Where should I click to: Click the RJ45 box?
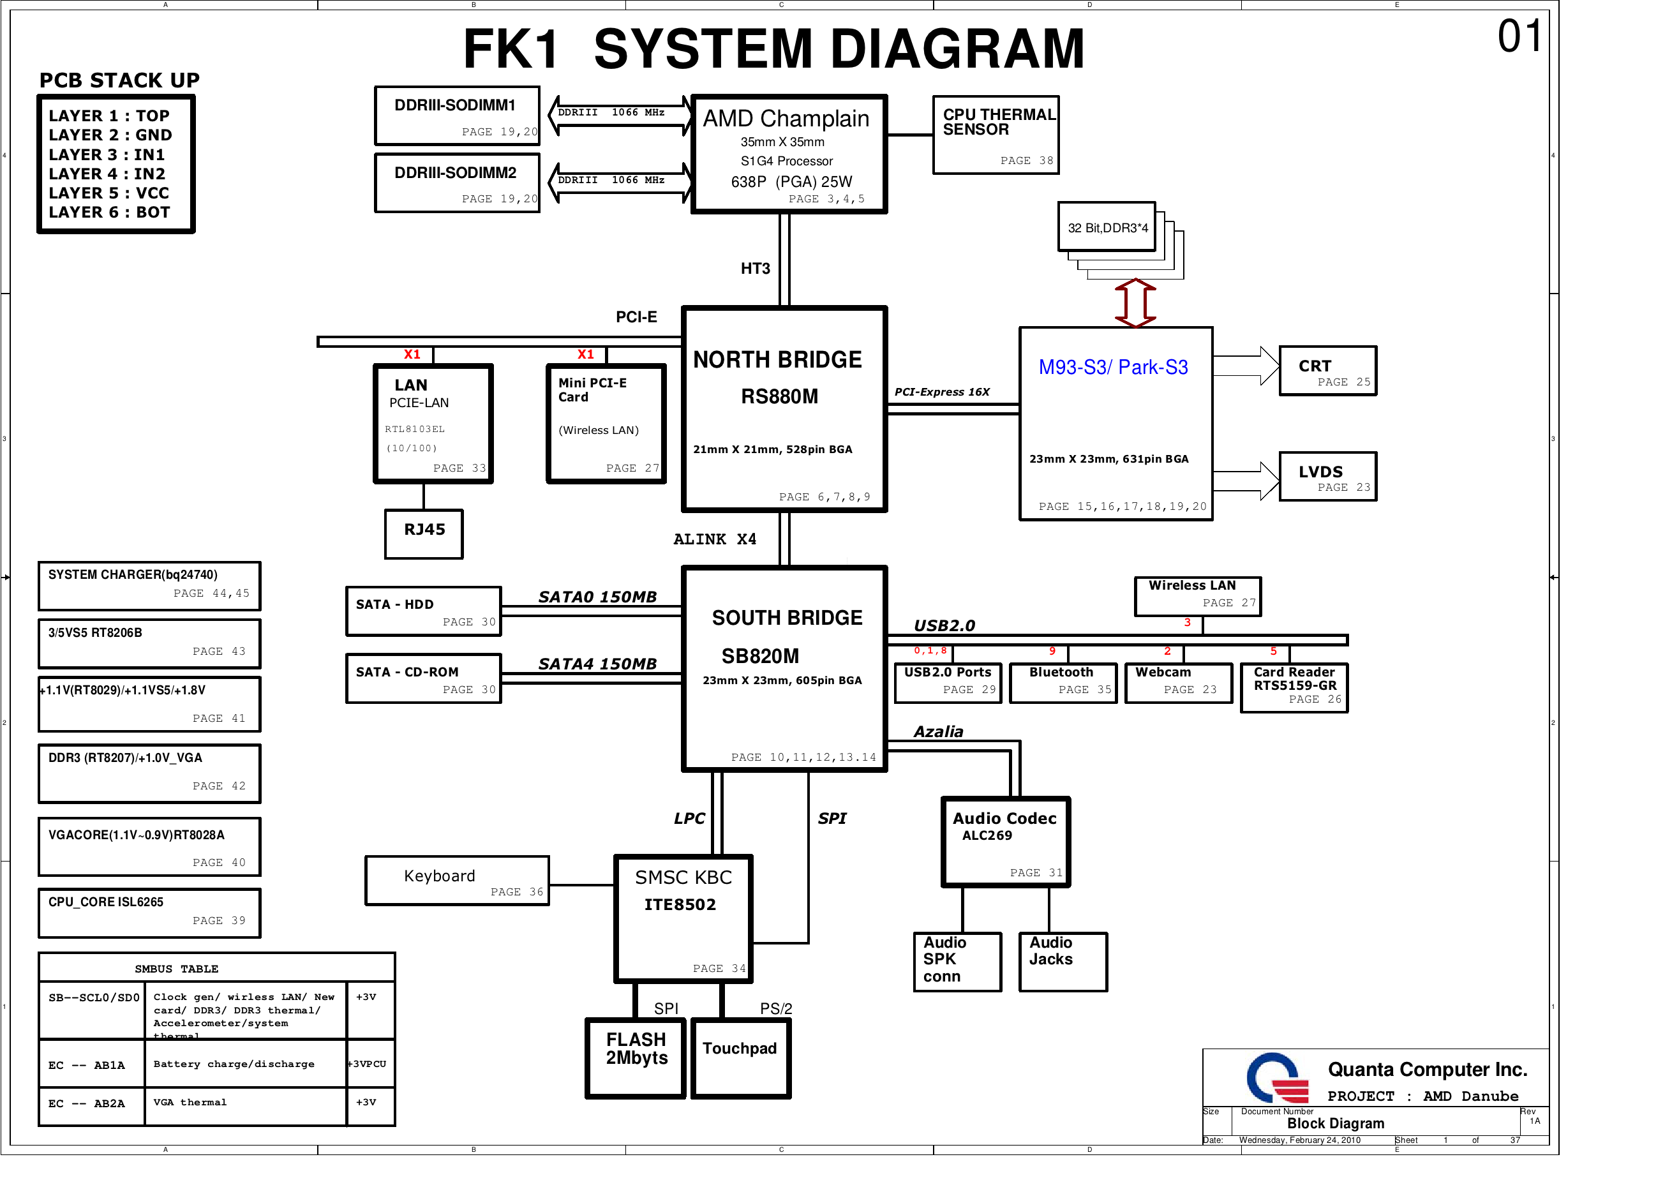[x=424, y=534]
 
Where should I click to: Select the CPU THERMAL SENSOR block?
[x=996, y=135]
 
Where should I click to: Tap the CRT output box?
[x=1328, y=371]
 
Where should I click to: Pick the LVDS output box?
[x=1328, y=477]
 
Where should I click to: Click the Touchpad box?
[x=742, y=1058]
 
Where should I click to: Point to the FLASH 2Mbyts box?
[x=636, y=1058]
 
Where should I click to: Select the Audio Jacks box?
[x=1063, y=962]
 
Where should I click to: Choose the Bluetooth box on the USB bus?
[x=1063, y=683]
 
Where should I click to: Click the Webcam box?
[x=1179, y=683]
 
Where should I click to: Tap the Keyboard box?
[x=457, y=881]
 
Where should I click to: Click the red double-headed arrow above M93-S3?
[x=1135, y=302]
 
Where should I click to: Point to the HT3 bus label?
[x=756, y=269]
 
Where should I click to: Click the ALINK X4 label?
[x=715, y=539]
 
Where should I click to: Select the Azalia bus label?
[x=938, y=731]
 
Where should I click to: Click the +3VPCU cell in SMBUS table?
[x=371, y=1063]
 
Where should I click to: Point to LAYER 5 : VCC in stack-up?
[x=109, y=193]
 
